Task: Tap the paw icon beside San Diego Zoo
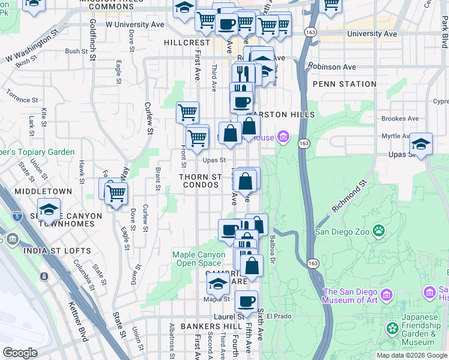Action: (x=379, y=230)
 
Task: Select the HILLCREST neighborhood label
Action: (x=187, y=43)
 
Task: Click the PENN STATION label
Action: (x=345, y=84)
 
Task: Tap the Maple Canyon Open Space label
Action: (x=197, y=259)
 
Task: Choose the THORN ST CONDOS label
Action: (x=201, y=181)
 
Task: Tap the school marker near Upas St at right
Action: (x=421, y=145)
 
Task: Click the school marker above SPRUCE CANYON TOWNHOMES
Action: (x=48, y=210)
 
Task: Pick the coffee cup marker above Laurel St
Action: (x=246, y=302)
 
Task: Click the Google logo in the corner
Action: (x=20, y=353)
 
